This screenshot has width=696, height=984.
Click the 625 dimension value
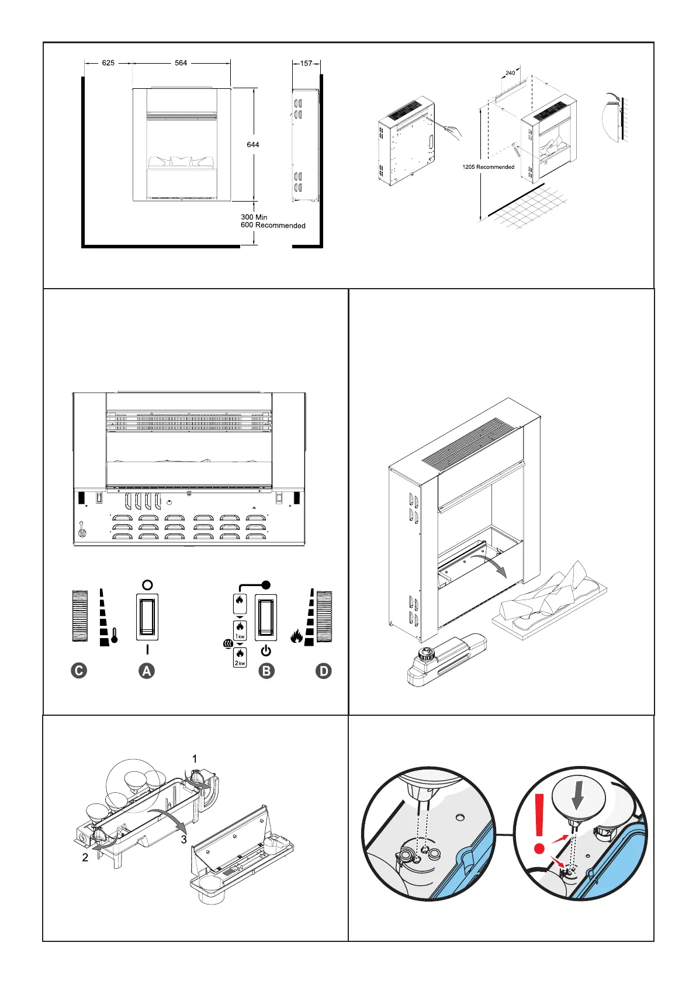coord(108,63)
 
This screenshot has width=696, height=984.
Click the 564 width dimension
coord(181,63)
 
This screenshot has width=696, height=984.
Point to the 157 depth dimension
coord(306,63)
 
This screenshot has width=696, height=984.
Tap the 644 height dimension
coord(253,144)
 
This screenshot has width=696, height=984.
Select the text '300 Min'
coord(254,217)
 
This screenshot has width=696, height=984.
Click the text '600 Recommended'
coord(273,226)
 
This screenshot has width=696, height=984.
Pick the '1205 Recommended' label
coord(489,167)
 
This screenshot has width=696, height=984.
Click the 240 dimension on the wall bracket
coord(510,73)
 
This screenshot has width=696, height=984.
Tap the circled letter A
coord(147,671)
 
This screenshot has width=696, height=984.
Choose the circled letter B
coord(266,671)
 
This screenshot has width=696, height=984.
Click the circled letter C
coord(78,671)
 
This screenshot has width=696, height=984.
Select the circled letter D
coord(323,671)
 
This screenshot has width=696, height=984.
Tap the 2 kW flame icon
coord(240,658)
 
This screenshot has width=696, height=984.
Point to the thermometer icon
coord(115,635)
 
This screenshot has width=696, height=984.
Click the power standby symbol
coord(266,650)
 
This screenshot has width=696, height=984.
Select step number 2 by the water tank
coord(85,858)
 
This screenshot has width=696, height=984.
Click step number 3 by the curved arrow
coord(184,840)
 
